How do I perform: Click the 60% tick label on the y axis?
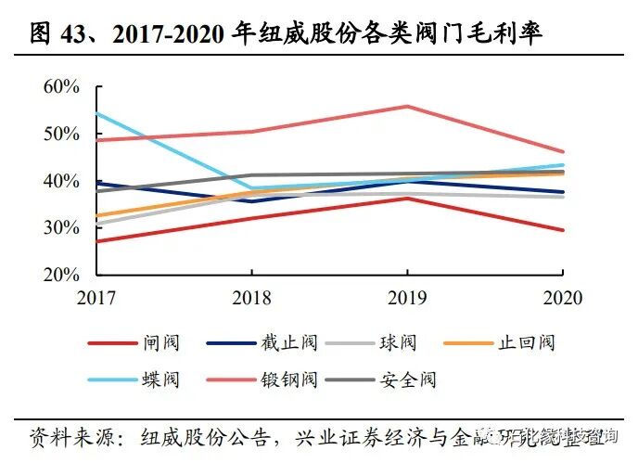[62, 86]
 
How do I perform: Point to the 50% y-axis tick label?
[62, 134]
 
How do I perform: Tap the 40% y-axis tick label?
[62, 181]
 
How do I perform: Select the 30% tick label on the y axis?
[62, 227]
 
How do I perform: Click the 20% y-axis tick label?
[62, 275]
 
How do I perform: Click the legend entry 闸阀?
[161, 343]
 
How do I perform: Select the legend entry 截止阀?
[289, 343]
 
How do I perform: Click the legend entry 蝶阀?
[161, 379]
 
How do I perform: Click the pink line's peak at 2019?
[407, 106]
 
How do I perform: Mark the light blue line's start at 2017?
[98, 114]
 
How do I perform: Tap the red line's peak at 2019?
[407, 198]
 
